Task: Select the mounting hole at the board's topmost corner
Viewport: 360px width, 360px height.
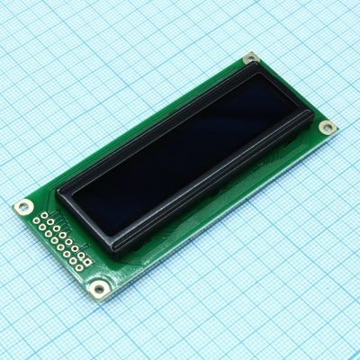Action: (251, 58)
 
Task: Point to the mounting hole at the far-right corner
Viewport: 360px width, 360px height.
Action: (328, 128)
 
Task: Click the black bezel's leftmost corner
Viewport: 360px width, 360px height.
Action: (58, 191)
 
